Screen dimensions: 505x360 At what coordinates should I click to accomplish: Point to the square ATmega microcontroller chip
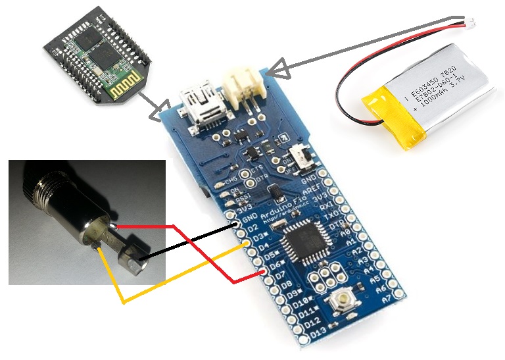tap(304, 243)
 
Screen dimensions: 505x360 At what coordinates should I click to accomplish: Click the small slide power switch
tap(304, 157)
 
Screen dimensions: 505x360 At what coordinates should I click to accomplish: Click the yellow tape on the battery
tap(389, 113)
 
